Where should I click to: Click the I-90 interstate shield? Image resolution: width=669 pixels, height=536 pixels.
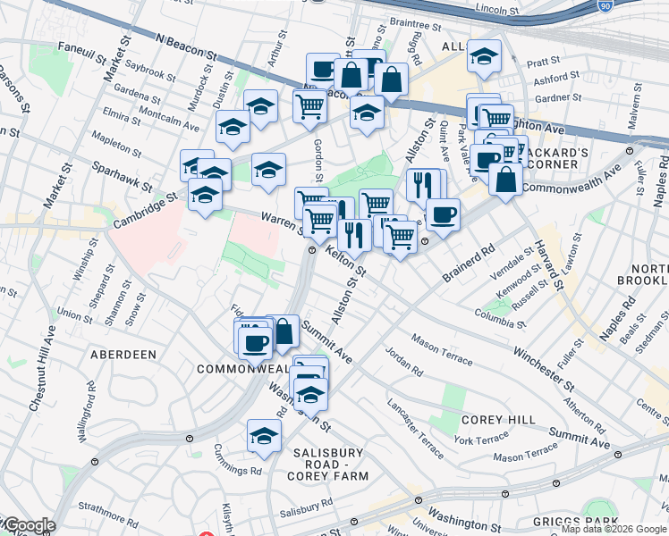click(605, 6)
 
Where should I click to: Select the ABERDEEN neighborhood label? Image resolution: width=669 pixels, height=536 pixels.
click(123, 354)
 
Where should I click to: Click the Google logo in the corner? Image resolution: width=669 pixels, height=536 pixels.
click(28, 526)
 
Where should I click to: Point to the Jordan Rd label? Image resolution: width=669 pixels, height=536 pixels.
click(404, 361)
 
